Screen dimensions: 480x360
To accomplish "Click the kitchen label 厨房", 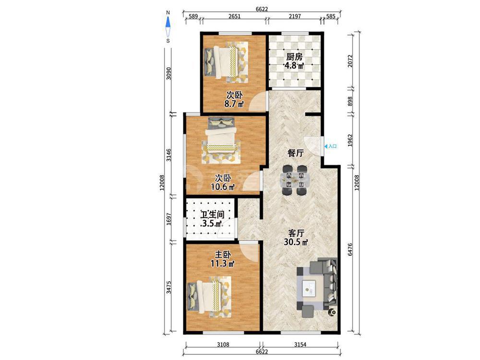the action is coord(294,57).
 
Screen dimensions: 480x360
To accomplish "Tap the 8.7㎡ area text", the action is coord(234,104).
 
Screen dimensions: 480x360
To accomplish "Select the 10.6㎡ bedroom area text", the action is coord(223,186).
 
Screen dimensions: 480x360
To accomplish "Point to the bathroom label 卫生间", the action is coord(212,214).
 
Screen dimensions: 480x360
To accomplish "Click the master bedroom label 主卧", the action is coord(223,254).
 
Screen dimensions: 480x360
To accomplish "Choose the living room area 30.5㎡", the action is coord(296,242).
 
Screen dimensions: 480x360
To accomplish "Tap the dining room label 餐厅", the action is coord(295,153).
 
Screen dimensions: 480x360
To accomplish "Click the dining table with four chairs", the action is coord(295,180).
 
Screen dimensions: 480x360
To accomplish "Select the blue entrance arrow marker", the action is coord(326,146).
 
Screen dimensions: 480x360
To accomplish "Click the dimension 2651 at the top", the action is coord(234,16).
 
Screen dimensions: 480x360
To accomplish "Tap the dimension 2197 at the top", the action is coord(295,16).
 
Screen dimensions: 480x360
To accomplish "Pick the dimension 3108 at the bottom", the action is coord(223,344).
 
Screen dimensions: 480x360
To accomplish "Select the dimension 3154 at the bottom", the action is coord(300,344).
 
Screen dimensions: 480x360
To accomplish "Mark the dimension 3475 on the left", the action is coord(168,288).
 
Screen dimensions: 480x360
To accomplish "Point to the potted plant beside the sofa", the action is coord(331,312).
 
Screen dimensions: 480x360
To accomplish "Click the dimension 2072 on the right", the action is coord(350,61).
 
